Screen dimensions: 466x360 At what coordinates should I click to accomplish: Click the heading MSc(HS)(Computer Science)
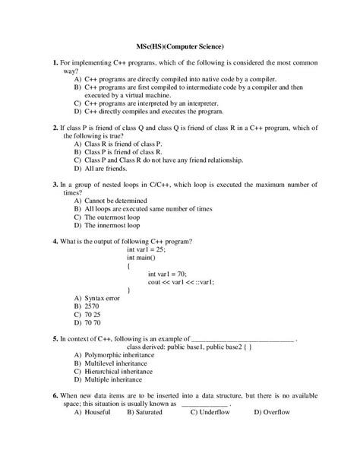179,46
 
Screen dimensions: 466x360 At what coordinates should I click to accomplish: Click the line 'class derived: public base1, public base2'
199,347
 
